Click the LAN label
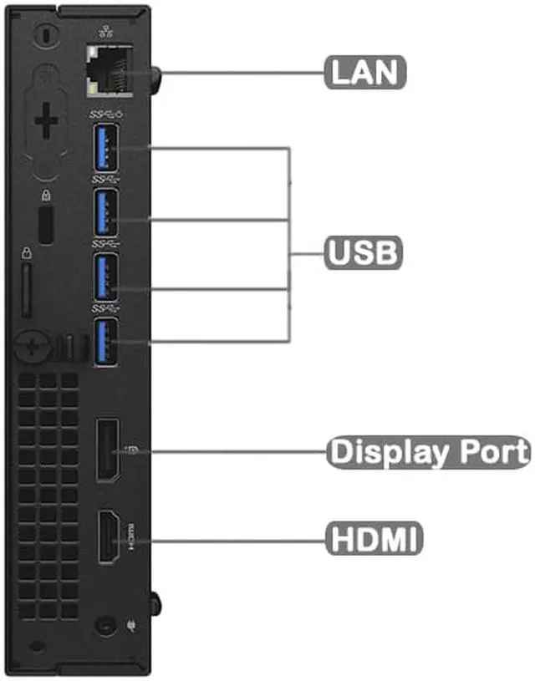[365, 71]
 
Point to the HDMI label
[373, 537]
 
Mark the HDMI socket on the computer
[107, 536]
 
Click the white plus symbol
[48, 123]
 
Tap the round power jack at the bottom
[104, 623]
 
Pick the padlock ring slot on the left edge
[26, 288]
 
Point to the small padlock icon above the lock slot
[47, 197]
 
